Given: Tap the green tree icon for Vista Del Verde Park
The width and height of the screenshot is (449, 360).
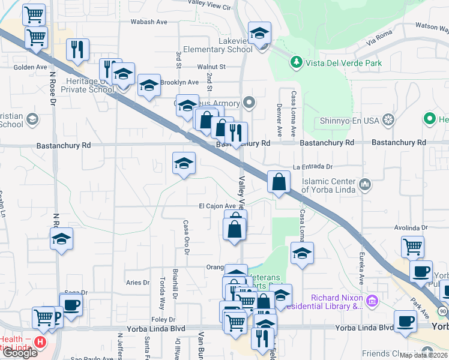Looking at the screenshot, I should (295, 62).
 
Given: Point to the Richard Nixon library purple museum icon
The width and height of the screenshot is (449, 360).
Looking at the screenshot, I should (372, 299).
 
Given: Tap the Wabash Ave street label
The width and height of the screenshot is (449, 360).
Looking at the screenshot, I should (149, 22).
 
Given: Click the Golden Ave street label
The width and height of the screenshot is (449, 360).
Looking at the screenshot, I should (30, 67).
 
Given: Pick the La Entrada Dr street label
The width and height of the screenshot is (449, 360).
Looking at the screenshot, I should (312, 167).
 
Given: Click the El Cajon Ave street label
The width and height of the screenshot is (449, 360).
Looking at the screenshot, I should (217, 206).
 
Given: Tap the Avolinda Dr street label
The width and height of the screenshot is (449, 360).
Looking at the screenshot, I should (411, 228).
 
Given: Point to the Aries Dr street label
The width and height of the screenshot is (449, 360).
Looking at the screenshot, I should (137, 282).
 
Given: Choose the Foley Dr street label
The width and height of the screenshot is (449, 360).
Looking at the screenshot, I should (163, 320).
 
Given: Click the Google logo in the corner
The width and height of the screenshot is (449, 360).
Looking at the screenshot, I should (20, 353).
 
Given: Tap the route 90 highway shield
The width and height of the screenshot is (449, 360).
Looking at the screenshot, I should (443, 311).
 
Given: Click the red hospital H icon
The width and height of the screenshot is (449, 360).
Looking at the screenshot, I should (40, 343).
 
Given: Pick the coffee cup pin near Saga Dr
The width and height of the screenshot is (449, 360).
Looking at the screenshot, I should (71, 304).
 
